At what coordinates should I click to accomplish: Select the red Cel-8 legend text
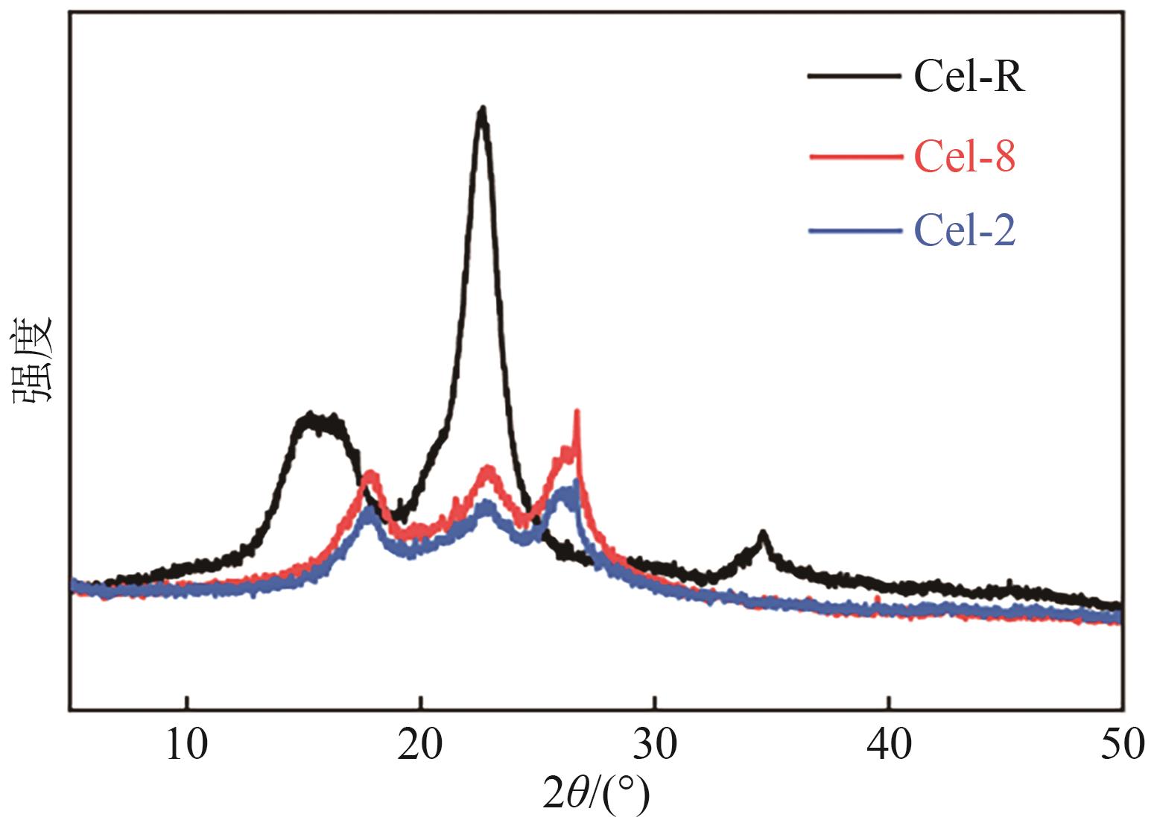[x=965, y=157]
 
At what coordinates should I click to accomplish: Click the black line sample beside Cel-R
[x=852, y=75]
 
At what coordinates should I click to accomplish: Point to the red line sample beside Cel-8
[x=852, y=157]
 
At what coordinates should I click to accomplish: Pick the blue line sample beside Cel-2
[x=852, y=231]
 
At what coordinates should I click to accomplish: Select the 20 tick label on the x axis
[x=421, y=745]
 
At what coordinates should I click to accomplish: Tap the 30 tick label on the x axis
[x=654, y=745]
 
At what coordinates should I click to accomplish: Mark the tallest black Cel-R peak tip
[x=483, y=110]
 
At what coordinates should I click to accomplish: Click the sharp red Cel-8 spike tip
[x=577, y=412]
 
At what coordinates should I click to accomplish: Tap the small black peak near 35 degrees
[x=762, y=533]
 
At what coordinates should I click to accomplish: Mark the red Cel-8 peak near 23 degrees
[x=489, y=470]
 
